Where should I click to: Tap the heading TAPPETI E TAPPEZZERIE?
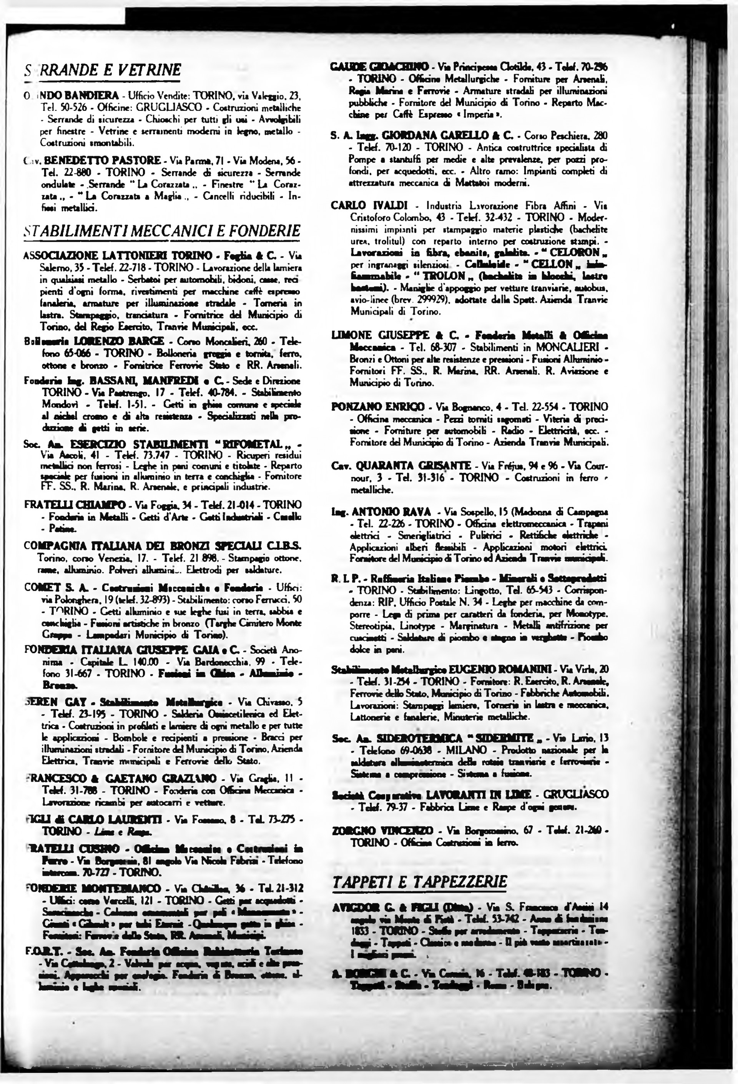click(420, 881)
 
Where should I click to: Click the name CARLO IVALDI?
click(370, 205)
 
